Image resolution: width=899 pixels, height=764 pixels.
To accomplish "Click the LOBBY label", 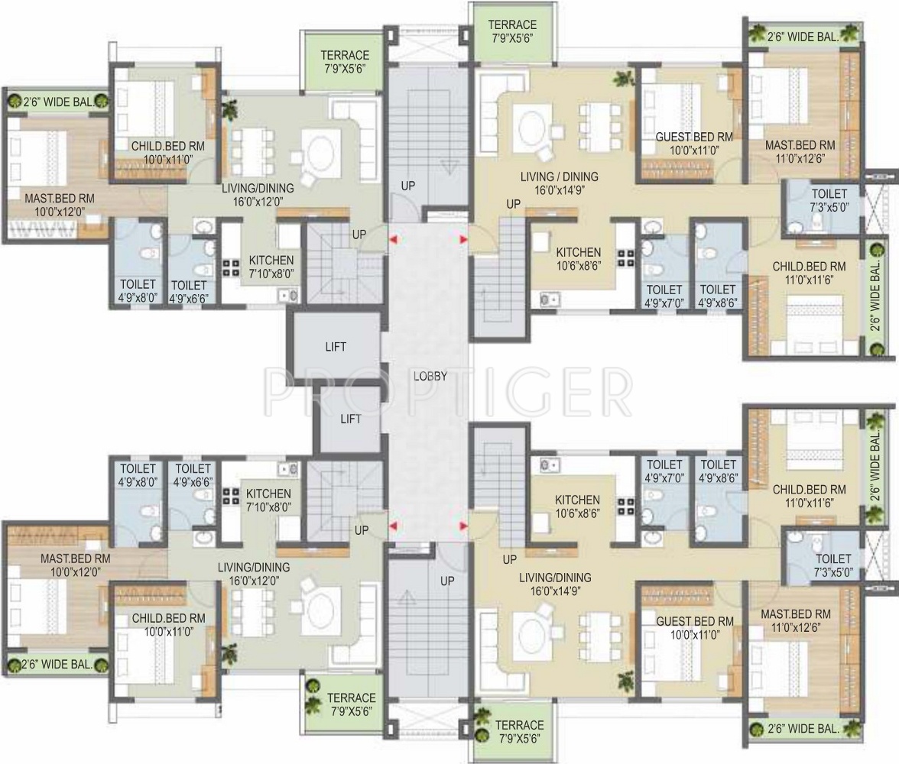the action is click(x=430, y=377).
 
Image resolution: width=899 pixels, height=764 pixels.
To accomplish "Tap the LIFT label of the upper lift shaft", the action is click(x=336, y=347).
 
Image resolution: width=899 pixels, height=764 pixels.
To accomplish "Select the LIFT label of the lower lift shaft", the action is click(x=350, y=419).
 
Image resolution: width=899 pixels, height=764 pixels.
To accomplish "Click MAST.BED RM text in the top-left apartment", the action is click(x=60, y=199).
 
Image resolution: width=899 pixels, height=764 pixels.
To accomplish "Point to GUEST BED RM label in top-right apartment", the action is click(x=694, y=137).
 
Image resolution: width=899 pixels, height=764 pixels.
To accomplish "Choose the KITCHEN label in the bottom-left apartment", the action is click(x=268, y=494).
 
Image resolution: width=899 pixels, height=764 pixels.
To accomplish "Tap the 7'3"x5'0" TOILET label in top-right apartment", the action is click(x=829, y=201).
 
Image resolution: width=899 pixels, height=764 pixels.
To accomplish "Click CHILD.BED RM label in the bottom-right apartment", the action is click(x=809, y=490).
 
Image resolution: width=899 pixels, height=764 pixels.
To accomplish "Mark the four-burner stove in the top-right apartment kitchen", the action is click(x=625, y=257).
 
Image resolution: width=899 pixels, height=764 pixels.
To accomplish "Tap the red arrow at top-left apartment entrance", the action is click(x=393, y=240).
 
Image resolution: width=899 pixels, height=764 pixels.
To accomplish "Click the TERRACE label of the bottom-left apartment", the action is click(x=352, y=698).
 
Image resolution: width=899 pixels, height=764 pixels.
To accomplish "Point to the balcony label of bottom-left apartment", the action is click(x=57, y=664).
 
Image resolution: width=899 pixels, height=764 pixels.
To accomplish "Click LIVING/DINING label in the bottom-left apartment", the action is click(x=254, y=567).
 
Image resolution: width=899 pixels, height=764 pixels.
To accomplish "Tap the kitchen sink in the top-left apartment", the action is click(x=288, y=296).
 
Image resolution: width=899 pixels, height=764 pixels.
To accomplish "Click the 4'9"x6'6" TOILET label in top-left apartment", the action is click(x=189, y=292).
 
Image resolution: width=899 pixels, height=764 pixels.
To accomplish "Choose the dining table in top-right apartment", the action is click(x=599, y=127).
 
